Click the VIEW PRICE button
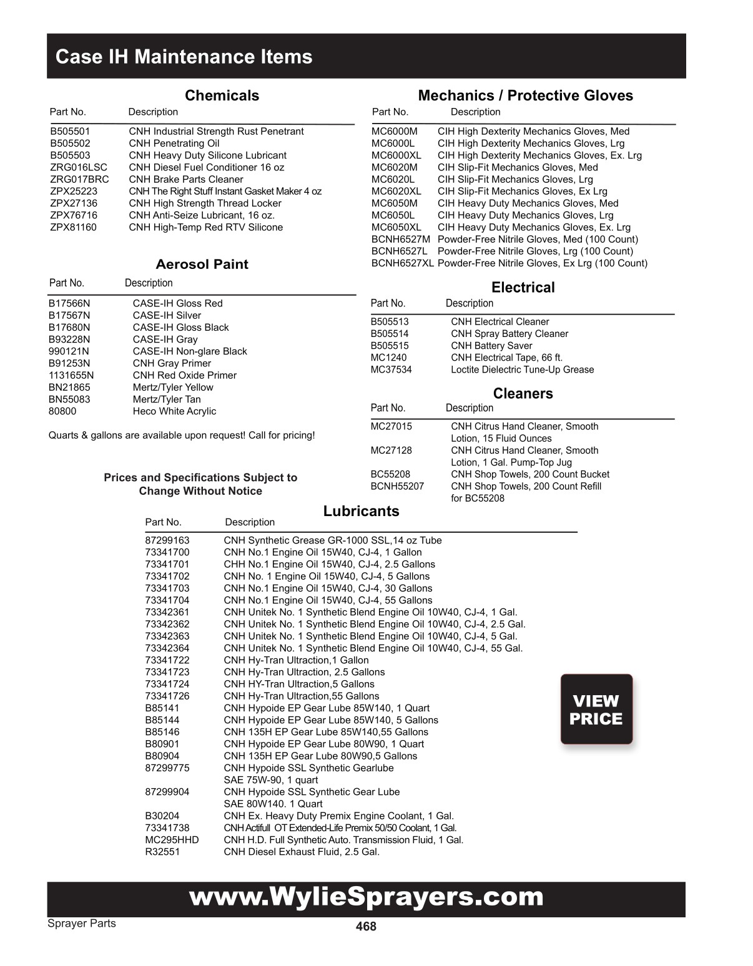(x=596, y=710)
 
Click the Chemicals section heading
(x=222, y=95)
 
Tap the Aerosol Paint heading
(x=202, y=264)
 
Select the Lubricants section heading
(x=361, y=511)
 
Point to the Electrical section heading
(x=523, y=287)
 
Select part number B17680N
(x=69, y=328)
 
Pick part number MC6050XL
(x=396, y=227)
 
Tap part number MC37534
(x=391, y=369)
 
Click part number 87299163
(x=167, y=540)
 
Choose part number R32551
(x=162, y=852)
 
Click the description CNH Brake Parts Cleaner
(x=186, y=180)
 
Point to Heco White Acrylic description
(x=174, y=411)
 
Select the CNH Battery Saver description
(x=491, y=346)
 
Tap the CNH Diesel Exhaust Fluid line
(x=302, y=852)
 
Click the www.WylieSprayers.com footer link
(x=366, y=897)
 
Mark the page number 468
(x=366, y=927)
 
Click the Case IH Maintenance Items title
(x=184, y=57)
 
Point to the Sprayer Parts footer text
(x=82, y=924)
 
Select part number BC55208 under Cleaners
(x=390, y=474)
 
